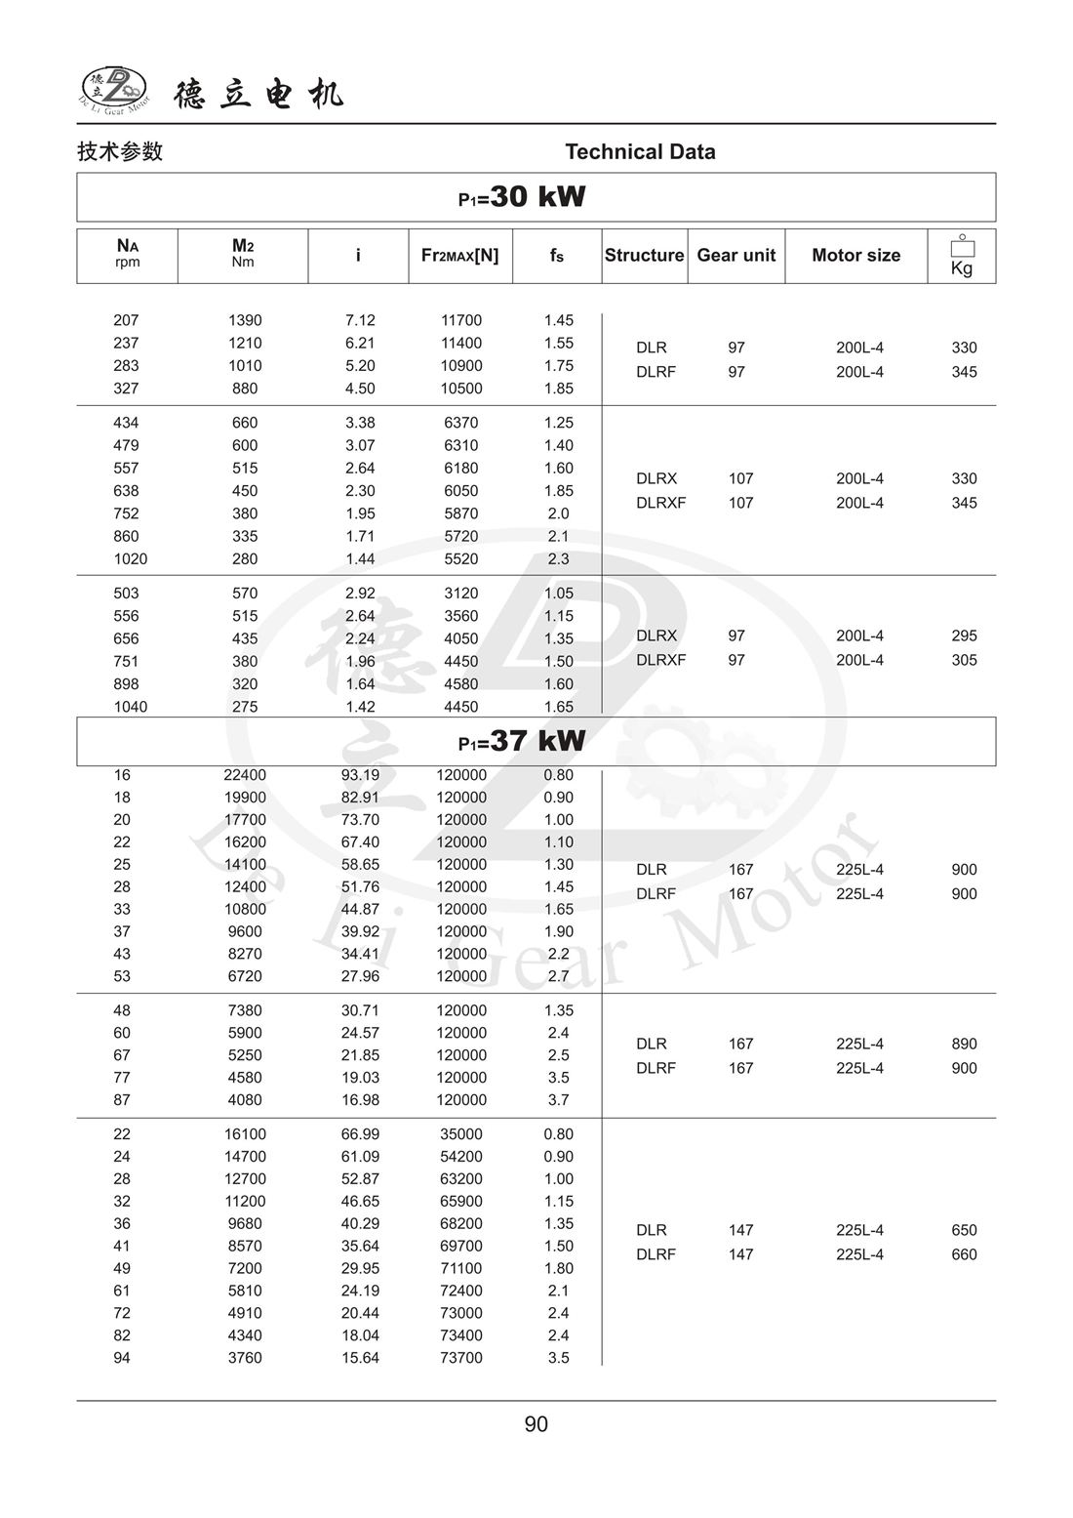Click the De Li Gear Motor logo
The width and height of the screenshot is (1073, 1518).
tap(114, 89)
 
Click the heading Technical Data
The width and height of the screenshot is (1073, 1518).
tap(640, 151)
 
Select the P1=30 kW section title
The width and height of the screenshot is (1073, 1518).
tap(522, 197)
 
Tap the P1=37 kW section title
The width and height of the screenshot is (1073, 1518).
tap(522, 741)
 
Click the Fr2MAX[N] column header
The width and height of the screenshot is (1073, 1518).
tap(459, 256)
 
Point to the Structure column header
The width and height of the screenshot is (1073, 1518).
tap(644, 256)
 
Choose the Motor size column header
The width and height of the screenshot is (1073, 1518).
tap(855, 256)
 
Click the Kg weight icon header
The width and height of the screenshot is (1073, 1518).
tap(962, 257)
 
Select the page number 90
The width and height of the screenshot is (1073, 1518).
tap(536, 1424)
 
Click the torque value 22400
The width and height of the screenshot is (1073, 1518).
tap(245, 775)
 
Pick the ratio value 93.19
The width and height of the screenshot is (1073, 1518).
tap(360, 775)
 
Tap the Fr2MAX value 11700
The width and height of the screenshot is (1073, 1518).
tap(461, 320)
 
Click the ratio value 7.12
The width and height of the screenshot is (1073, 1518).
tap(360, 320)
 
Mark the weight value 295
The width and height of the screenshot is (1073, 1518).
tap(964, 636)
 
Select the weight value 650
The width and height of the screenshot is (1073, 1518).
tap(964, 1230)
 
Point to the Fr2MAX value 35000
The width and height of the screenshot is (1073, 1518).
tap(461, 1134)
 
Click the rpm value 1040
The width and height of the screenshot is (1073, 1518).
tap(130, 707)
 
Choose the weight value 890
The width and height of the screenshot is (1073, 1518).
tap(964, 1044)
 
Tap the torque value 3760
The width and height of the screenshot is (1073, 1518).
tap(245, 1358)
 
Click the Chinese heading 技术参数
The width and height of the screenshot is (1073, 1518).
tap(120, 151)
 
